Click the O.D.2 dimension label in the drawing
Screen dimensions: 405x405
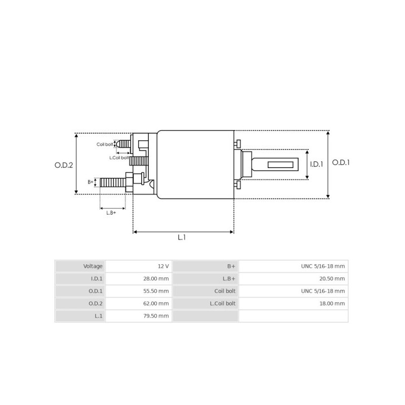tap(64, 165)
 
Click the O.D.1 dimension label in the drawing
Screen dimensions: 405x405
tap(341, 163)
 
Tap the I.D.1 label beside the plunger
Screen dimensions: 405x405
tap(316, 164)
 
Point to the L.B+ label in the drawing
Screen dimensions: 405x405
tap(111, 213)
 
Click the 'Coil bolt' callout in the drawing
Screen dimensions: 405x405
tap(105, 144)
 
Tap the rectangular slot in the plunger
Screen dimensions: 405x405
tap(281, 165)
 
